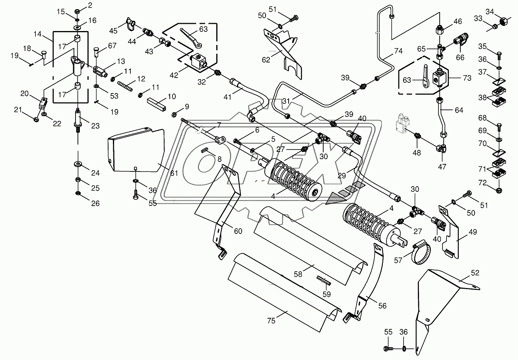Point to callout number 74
(398, 51)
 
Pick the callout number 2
(90, 5)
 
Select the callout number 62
(266, 60)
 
